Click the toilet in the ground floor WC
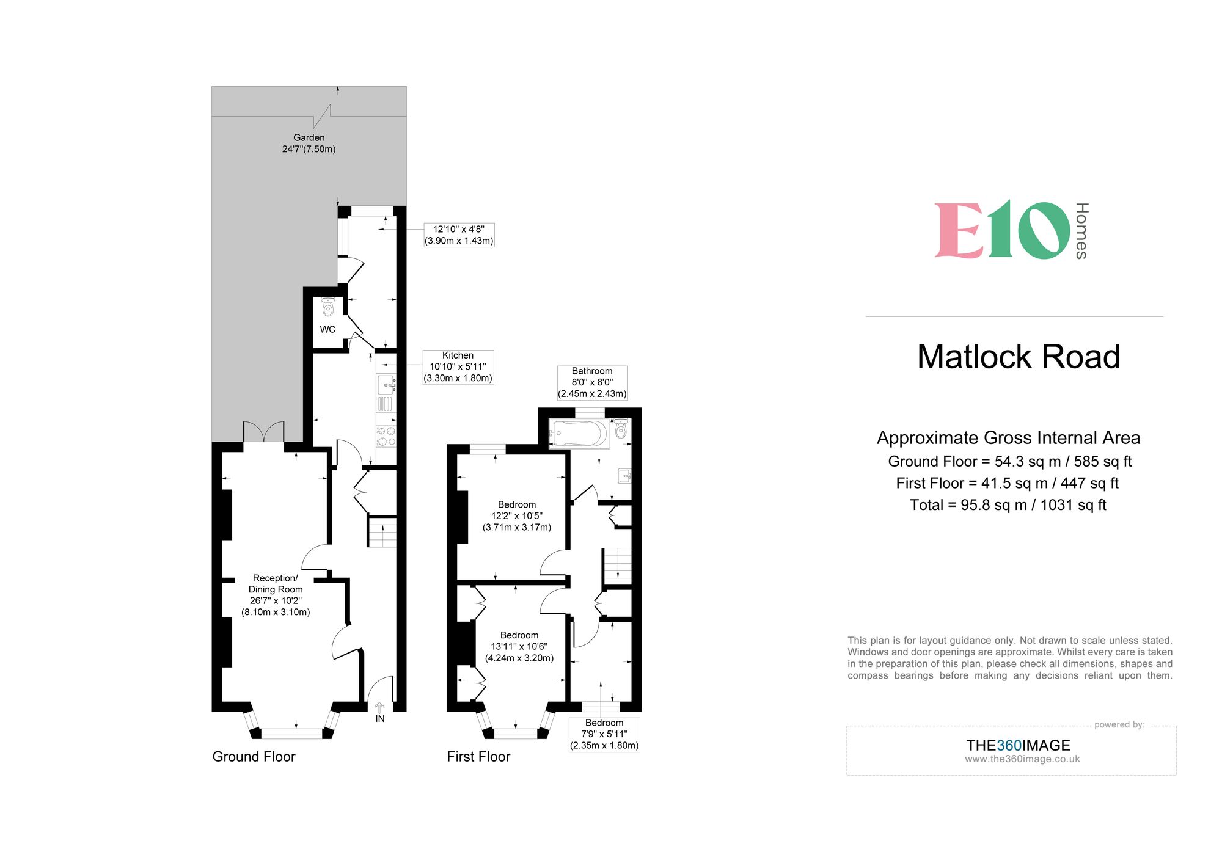coord(328,307)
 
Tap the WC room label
coord(327,329)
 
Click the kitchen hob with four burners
coord(386,436)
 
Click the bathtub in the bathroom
coord(577,434)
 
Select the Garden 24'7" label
coord(309,144)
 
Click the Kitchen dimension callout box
coord(458,366)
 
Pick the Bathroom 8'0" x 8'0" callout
coord(592,382)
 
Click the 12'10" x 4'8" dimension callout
coord(459,235)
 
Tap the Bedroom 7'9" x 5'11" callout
coord(604,734)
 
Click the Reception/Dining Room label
coord(276,594)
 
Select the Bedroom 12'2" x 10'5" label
coord(517,515)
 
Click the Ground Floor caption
coord(254,757)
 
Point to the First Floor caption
coord(478,757)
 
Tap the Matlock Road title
coord(1019,357)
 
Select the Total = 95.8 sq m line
coord(1008,505)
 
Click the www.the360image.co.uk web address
coord(1022,759)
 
